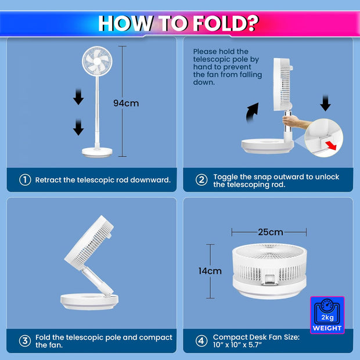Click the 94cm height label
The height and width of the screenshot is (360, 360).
tap(126, 103)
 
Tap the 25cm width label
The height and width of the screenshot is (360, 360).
tap(271, 232)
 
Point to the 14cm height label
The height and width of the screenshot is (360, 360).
tap(210, 271)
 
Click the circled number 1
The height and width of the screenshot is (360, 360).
tap(25, 180)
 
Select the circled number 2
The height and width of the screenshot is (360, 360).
tap(201, 180)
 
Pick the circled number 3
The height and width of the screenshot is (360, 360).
tap(25, 341)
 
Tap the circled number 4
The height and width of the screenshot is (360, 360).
tap(201, 341)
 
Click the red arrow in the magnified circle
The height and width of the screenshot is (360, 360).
tap(330, 145)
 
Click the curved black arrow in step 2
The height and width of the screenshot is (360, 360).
tap(251, 113)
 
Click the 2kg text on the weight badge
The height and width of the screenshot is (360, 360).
tap(327, 317)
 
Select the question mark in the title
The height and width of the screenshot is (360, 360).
tap(253, 23)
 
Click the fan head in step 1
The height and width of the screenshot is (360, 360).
tap(97, 62)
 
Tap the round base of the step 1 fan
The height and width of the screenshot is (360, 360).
tap(97, 152)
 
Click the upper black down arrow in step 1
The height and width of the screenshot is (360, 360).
tap(78, 96)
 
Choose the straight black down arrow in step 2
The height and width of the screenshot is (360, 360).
tap(325, 103)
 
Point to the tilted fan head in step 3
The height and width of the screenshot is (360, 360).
tap(89, 243)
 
